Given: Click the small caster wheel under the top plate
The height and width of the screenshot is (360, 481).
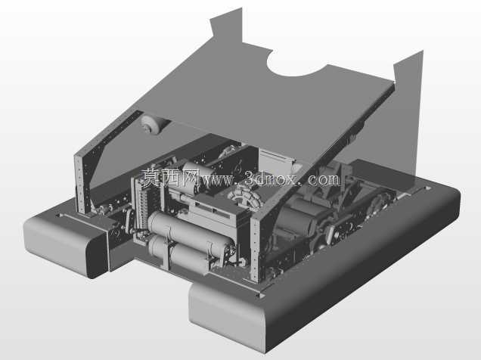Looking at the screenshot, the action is point(151,124).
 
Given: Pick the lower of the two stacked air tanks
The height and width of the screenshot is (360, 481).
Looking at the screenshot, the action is point(177,253).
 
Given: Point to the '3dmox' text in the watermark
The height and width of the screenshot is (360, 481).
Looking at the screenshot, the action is point(271,178).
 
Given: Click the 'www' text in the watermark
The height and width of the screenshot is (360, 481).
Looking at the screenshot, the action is point(217,180).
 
